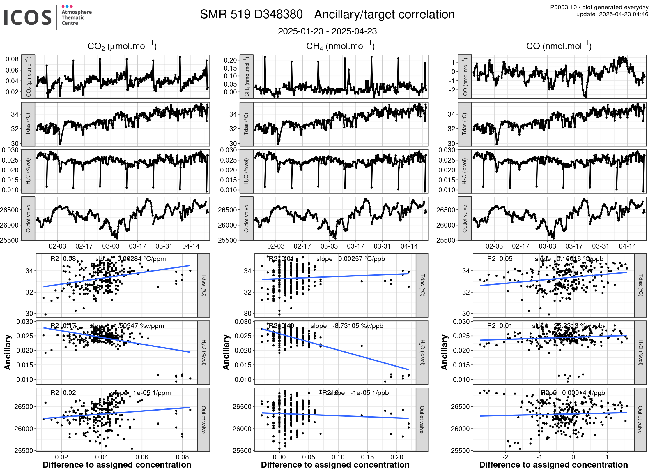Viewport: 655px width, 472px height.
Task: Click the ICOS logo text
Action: pos(28,17)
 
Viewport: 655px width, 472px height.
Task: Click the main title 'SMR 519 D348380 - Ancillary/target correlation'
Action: pos(327,15)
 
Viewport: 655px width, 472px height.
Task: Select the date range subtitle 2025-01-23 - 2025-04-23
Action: pos(327,31)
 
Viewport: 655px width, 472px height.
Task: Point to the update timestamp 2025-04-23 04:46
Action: pos(623,14)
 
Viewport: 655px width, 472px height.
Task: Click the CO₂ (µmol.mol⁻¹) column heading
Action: pos(122,46)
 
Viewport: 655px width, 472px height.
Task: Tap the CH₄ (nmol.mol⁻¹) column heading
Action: pos(340,46)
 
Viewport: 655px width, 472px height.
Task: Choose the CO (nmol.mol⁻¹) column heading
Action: pos(559,46)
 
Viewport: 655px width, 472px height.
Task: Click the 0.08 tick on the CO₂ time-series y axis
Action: pos(12,59)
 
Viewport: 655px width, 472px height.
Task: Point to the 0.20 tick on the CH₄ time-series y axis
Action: pos(230,60)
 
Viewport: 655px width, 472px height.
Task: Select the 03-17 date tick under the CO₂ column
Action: pos(137,246)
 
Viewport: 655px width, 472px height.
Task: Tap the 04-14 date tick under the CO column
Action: pos(627,246)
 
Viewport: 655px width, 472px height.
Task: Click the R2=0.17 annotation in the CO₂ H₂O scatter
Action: pos(63,326)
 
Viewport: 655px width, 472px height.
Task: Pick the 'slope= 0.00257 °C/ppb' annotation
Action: pos(350,259)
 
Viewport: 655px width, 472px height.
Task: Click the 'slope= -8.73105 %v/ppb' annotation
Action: pos(347,326)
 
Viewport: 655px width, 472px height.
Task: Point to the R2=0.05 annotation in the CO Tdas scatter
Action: pos(500,259)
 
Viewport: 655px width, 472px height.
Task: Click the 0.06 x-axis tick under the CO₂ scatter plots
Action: pos(142,457)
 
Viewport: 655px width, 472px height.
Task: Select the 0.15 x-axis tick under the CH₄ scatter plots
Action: pos(367,457)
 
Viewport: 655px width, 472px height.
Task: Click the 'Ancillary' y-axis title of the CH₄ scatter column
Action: pos(226,352)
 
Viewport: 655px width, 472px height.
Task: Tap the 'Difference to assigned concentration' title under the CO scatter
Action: pos(553,465)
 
